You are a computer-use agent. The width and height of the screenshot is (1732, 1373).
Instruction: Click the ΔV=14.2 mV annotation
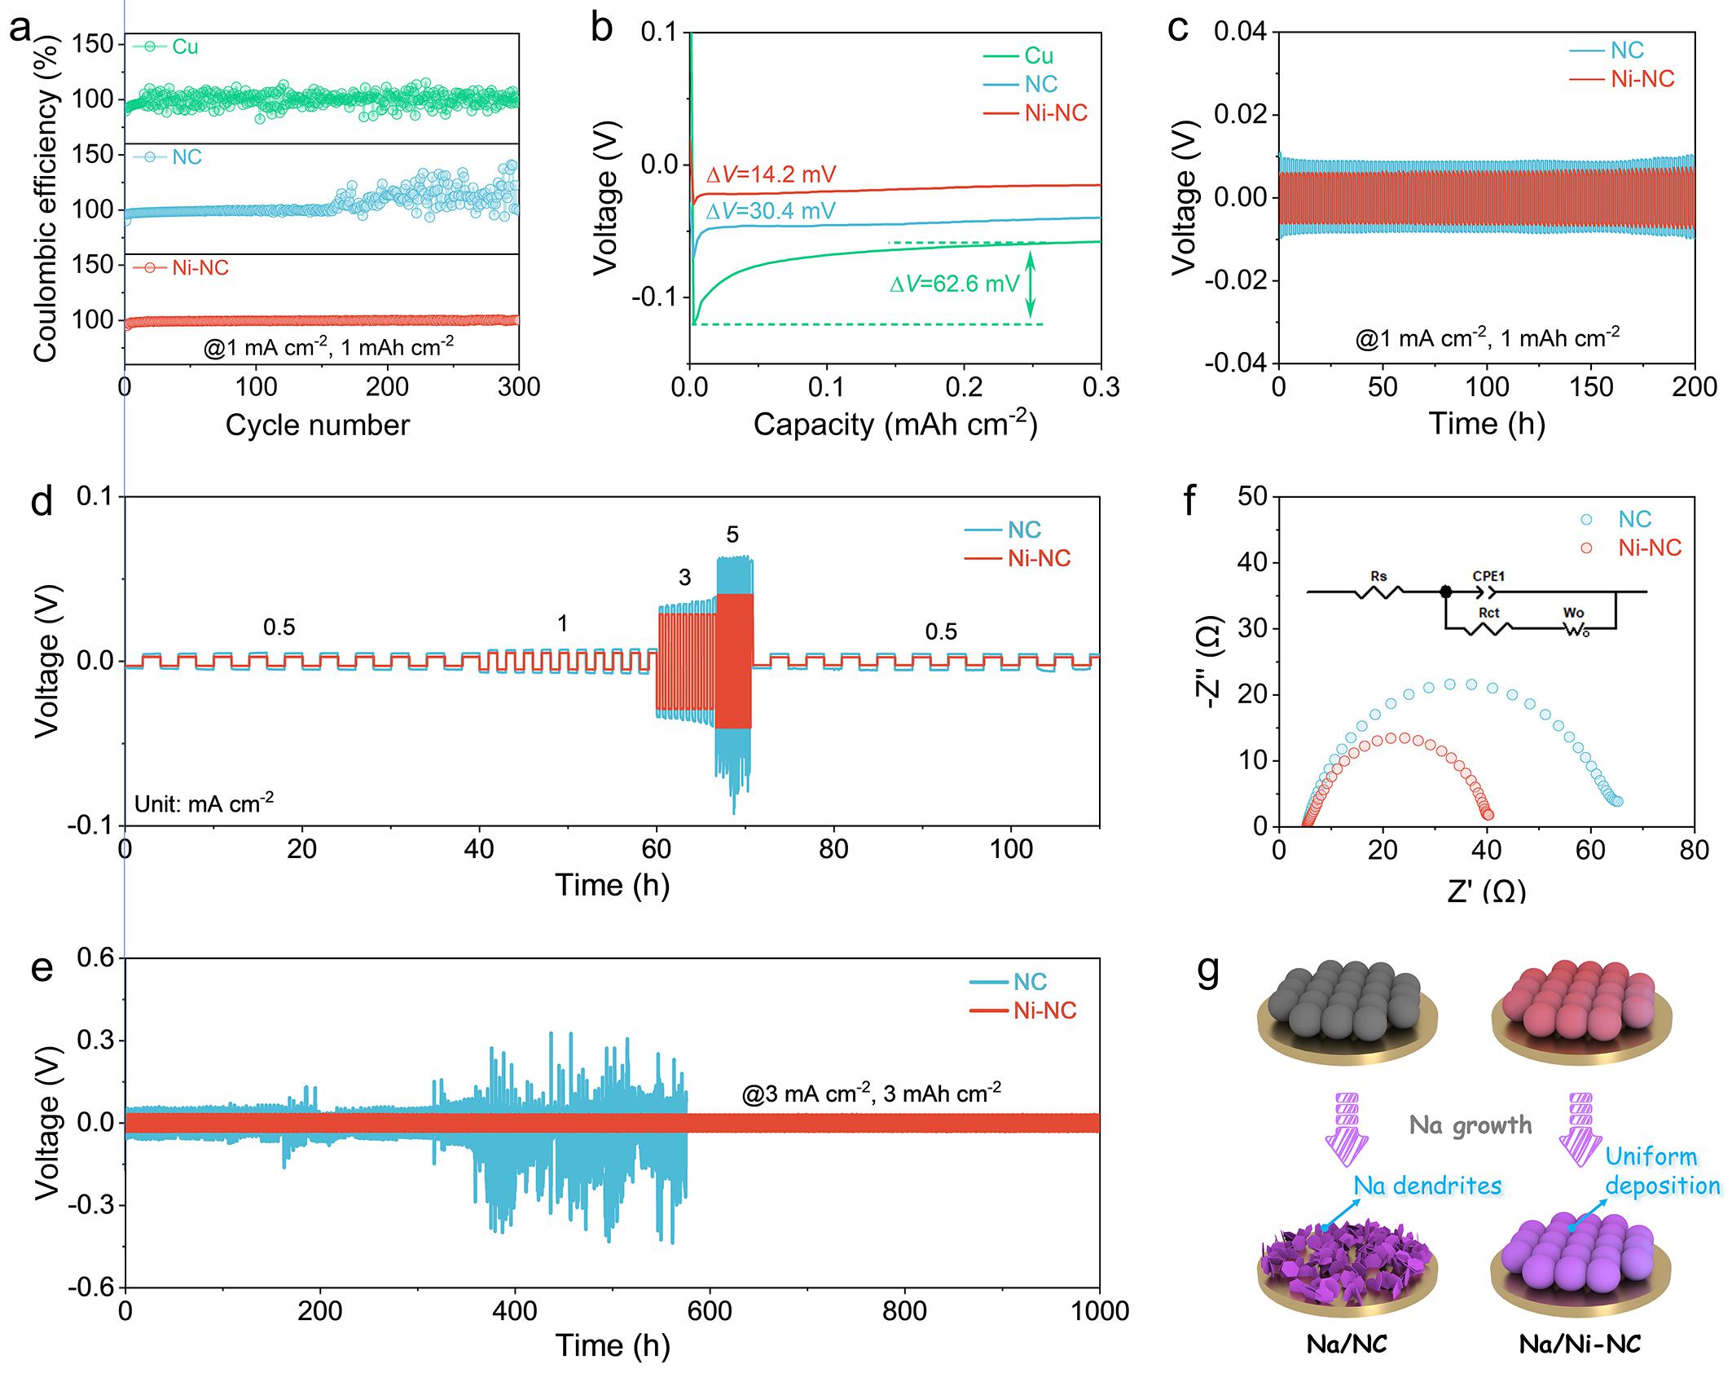771,174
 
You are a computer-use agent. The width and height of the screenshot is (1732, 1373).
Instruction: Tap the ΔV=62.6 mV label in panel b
954,284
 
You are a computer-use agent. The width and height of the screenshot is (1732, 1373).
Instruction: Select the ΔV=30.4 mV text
771,212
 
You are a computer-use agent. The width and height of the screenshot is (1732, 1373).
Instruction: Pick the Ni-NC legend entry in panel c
1642,79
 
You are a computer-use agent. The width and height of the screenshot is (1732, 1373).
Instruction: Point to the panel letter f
1189,499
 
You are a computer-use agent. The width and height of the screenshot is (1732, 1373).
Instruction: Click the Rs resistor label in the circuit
1378,577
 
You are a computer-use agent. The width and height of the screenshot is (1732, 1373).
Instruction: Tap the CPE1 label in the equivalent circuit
1488,576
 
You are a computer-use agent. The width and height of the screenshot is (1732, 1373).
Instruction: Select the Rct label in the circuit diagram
1488,613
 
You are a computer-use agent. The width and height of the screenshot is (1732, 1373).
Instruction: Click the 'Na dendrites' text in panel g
1427,1185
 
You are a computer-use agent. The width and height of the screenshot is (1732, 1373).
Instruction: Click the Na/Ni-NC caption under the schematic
1580,1344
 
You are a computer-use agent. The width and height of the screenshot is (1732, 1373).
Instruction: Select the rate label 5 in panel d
732,535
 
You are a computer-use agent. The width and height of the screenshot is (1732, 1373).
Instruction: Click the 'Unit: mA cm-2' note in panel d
204,803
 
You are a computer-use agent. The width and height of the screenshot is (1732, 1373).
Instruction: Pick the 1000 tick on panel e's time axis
1099,1311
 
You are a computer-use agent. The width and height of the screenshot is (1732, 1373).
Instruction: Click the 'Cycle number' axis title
317,425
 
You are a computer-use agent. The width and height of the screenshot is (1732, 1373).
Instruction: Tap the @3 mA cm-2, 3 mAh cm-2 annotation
871,1093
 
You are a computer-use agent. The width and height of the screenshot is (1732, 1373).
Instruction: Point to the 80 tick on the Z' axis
1695,851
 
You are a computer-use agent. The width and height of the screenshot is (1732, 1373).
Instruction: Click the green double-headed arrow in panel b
1031,284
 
